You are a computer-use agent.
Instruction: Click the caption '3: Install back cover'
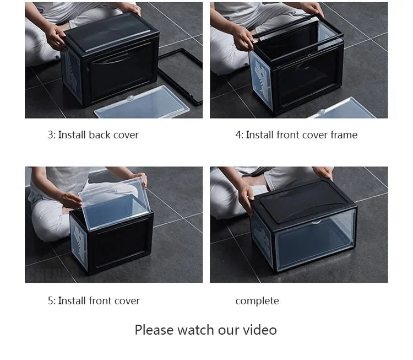pos(93,135)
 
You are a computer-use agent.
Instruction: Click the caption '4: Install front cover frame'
pos(296,135)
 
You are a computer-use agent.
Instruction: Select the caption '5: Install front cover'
pos(93,301)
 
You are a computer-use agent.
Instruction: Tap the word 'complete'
pos(257,301)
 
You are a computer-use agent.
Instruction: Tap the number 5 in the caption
pos(50,301)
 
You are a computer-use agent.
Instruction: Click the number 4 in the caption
pos(238,135)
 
